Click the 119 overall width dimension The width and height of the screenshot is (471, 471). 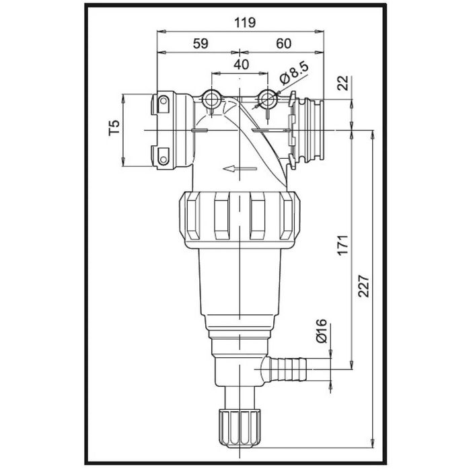(245, 22)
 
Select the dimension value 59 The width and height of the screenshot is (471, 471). (201, 44)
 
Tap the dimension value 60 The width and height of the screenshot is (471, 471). (283, 44)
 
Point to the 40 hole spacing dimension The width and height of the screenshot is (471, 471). (241, 65)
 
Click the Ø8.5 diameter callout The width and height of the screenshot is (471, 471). (294, 73)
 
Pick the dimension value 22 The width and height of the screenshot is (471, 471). (342, 83)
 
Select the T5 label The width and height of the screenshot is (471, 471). (114, 128)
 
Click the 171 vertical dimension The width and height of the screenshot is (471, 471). (342, 245)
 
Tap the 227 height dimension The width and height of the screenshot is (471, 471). (363, 286)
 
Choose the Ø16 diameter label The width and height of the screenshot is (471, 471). (321, 331)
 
